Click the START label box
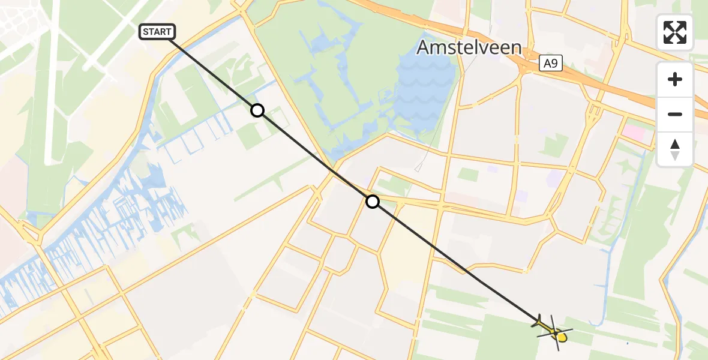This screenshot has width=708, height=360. point(157,32)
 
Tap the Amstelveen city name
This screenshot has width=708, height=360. point(469,47)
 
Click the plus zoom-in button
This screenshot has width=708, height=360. point(675,79)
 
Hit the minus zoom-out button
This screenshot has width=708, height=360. point(675,114)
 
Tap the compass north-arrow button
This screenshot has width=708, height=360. point(675,149)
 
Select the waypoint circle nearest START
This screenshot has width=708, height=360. point(257,110)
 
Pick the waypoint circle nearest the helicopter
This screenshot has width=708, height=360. point(373,202)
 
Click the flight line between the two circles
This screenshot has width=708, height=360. point(315,156)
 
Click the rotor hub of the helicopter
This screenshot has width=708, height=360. point(555,332)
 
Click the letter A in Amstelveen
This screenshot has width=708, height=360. point(425,47)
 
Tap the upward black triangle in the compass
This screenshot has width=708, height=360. point(675,144)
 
